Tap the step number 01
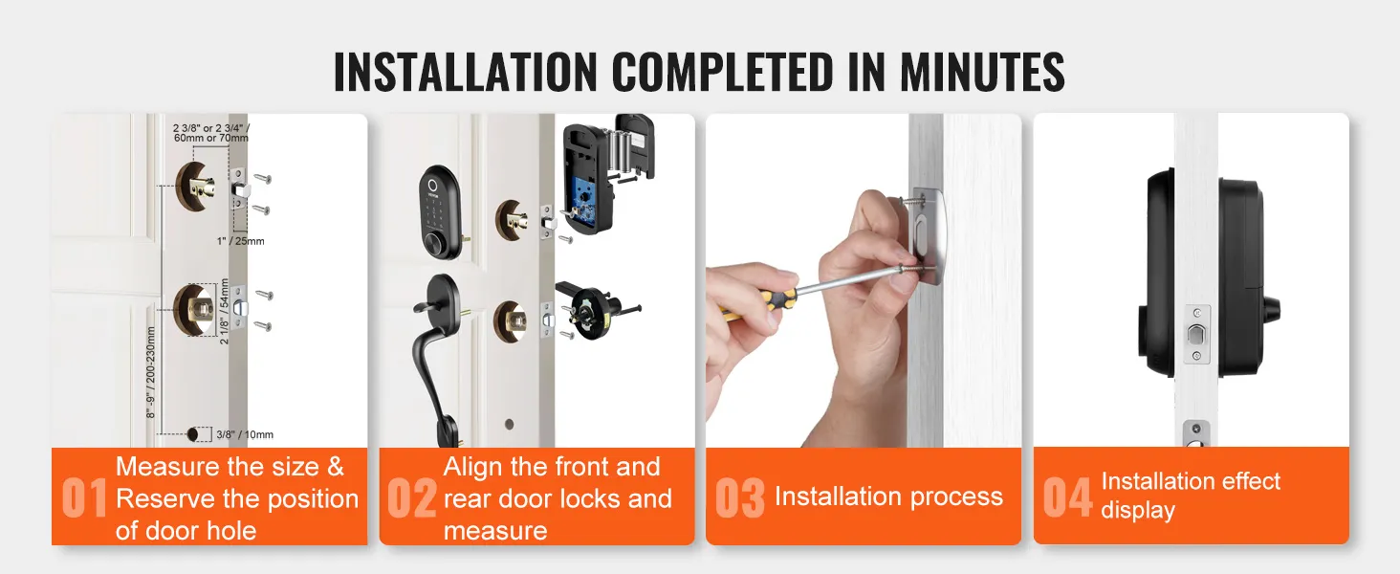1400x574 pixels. coord(85,498)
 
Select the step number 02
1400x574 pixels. coord(412,498)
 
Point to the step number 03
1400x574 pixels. coord(740,498)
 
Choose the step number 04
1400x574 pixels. coord(1067,498)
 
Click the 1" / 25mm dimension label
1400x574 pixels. coord(241,241)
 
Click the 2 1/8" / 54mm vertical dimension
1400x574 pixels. coord(226,309)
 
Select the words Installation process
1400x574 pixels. coord(888,497)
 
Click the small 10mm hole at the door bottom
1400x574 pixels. coord(197,434)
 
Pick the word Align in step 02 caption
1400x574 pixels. coord(472,467)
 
